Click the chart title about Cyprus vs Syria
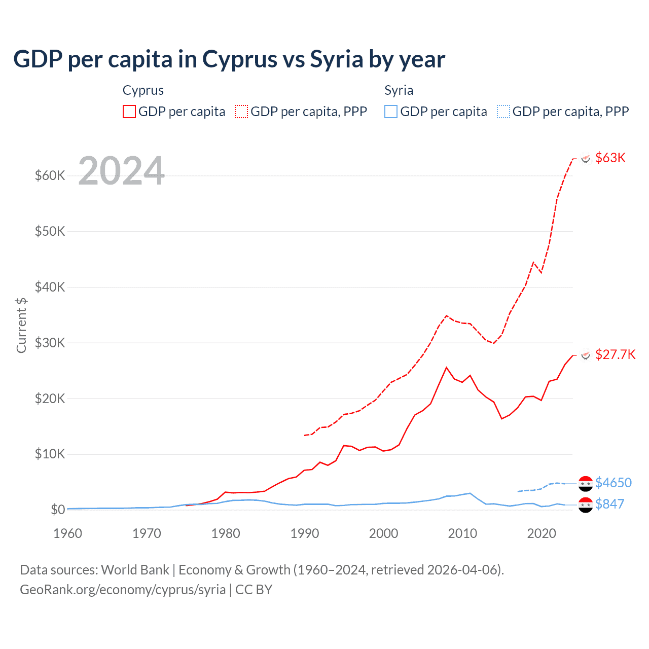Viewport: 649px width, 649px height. click(229, 59)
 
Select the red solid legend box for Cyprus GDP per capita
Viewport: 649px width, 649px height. click(129, 112)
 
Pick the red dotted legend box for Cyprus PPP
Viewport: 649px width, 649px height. click(241, 112)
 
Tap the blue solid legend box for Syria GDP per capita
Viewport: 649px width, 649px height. click(391, 112)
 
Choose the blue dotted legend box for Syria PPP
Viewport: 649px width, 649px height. click(503, 112)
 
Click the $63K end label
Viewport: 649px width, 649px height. click(610, 158)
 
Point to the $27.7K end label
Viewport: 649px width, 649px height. click(615, 354)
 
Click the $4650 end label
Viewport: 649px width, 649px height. click(614, 483)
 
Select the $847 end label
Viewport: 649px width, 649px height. click(610, 504)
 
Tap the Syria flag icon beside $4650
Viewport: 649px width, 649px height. click(586, 484)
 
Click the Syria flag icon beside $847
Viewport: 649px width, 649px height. click(586, 505)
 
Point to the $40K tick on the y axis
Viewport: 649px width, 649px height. click(50, 287)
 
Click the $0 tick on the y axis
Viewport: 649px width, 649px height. click(58, 510)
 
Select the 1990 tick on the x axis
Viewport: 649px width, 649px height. click(305, 533)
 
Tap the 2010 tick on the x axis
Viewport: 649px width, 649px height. click(462, 533)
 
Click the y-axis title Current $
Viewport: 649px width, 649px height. click(21, 325)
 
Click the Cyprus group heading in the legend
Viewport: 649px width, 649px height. click(143, 90)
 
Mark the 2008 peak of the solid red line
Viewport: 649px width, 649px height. click(446, 368)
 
